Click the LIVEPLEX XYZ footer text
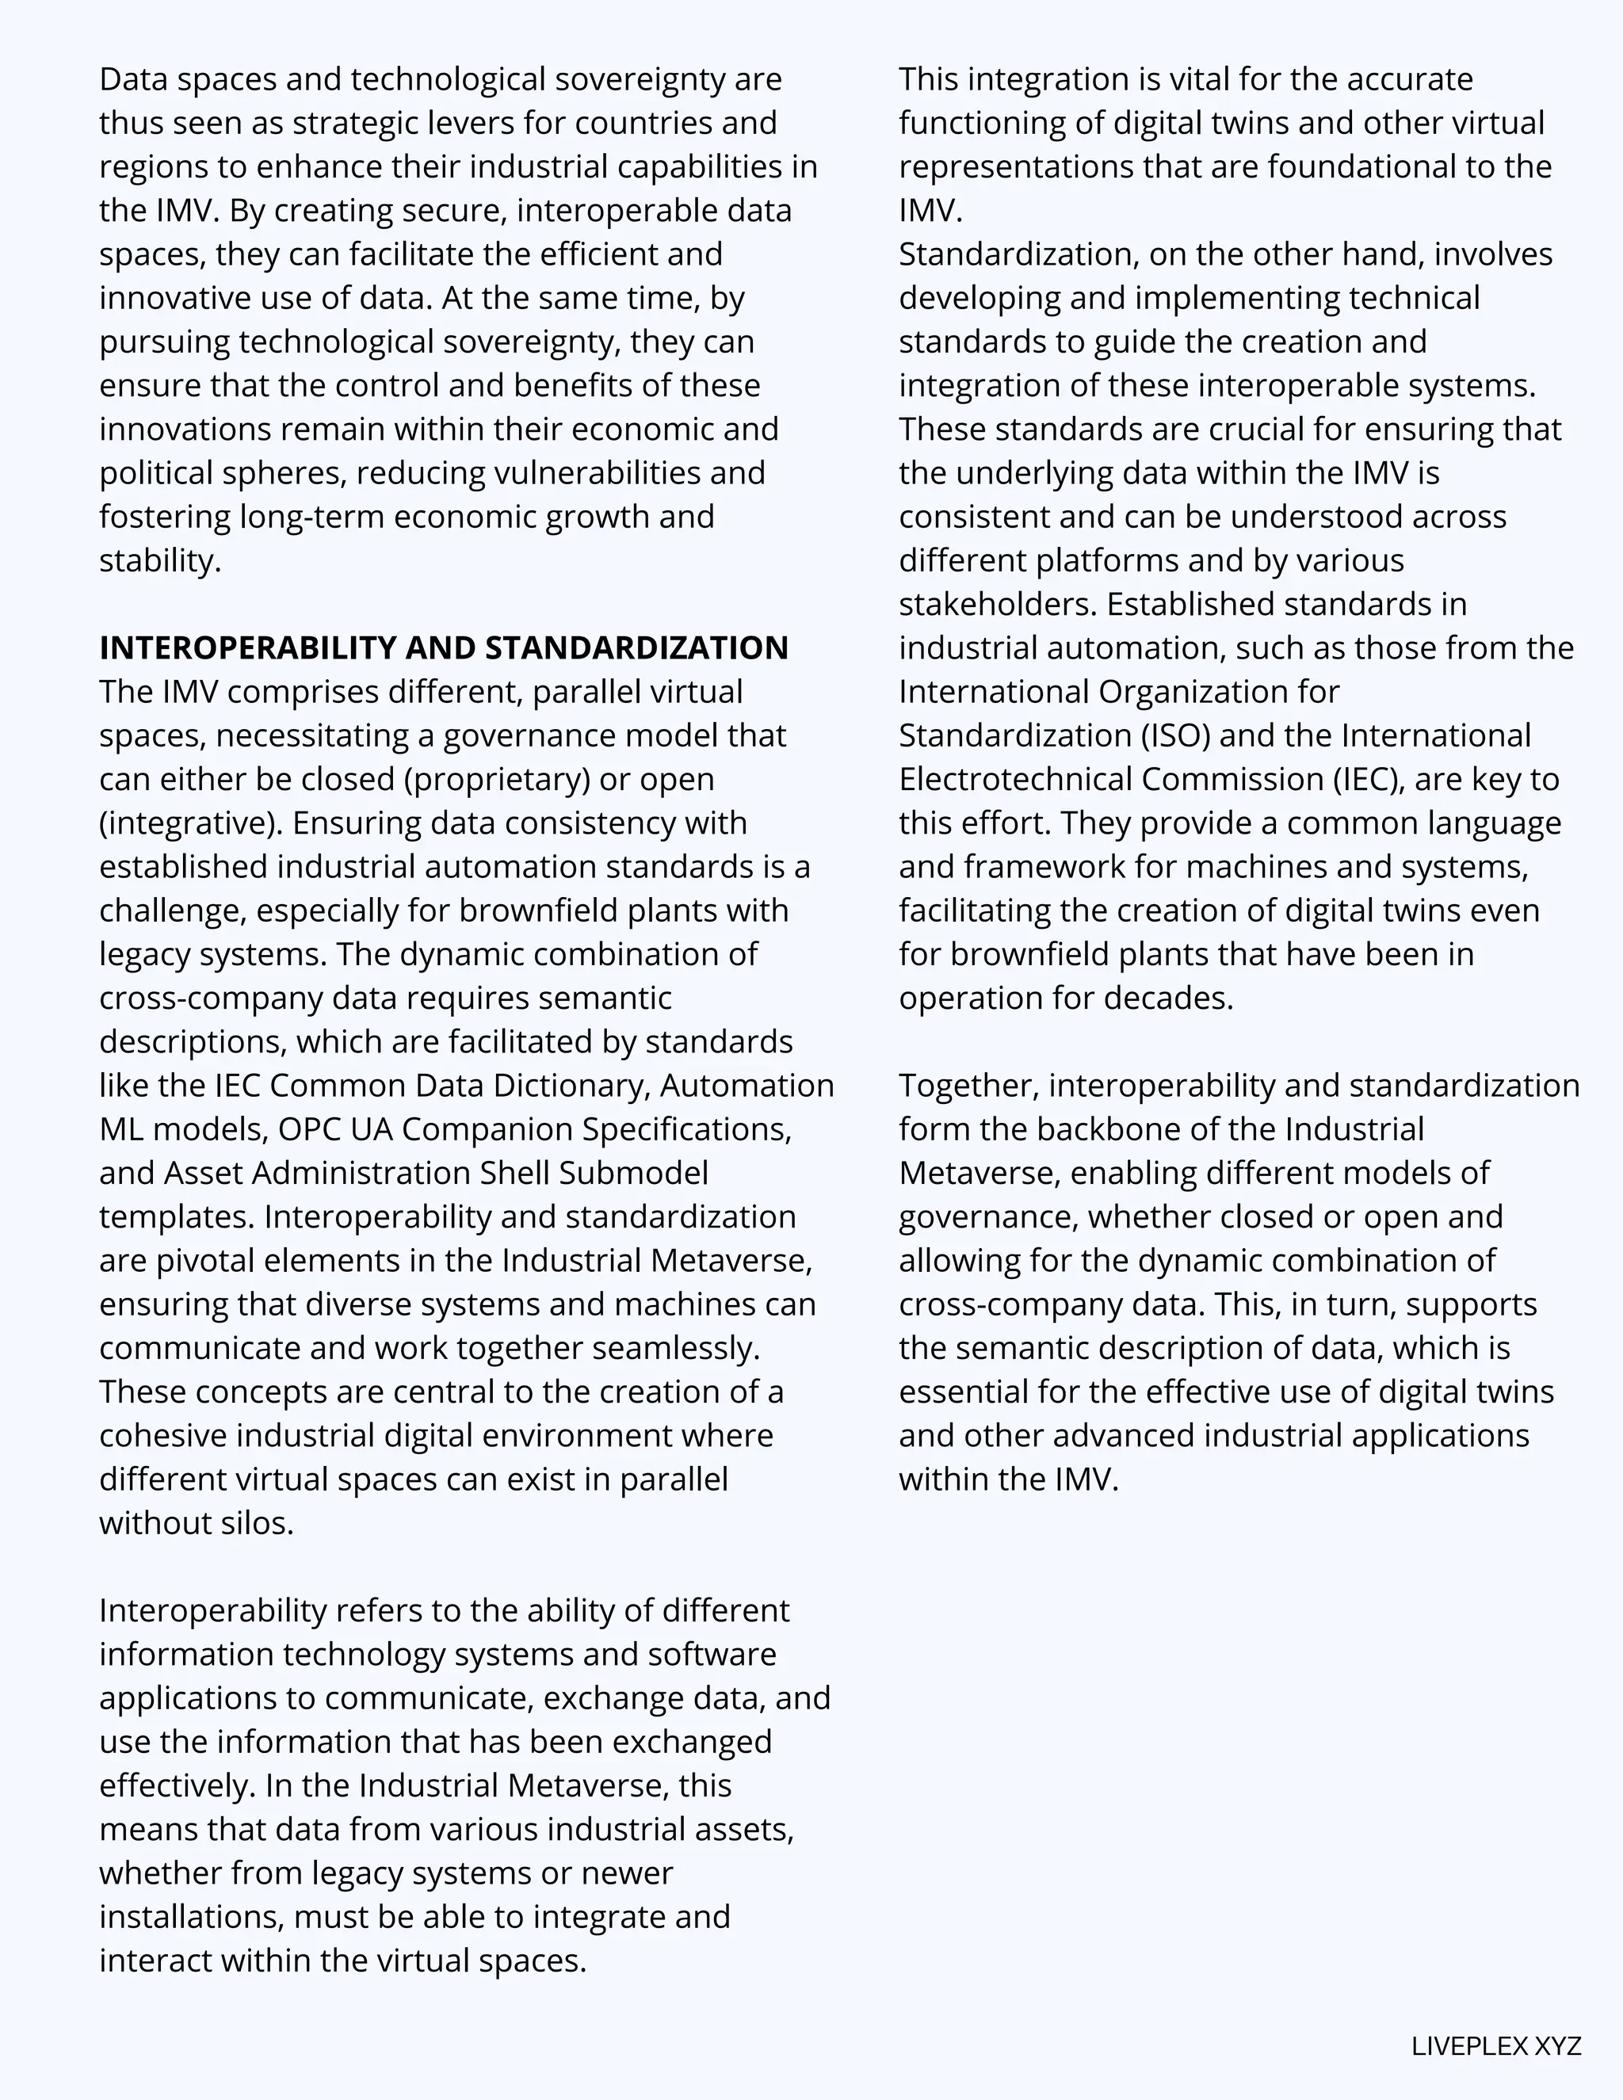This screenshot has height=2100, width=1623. (1495, 2046)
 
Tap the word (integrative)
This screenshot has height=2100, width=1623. (191, 823)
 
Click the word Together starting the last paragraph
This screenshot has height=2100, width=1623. (968, 1086)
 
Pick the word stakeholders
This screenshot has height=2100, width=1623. (997, 604)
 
